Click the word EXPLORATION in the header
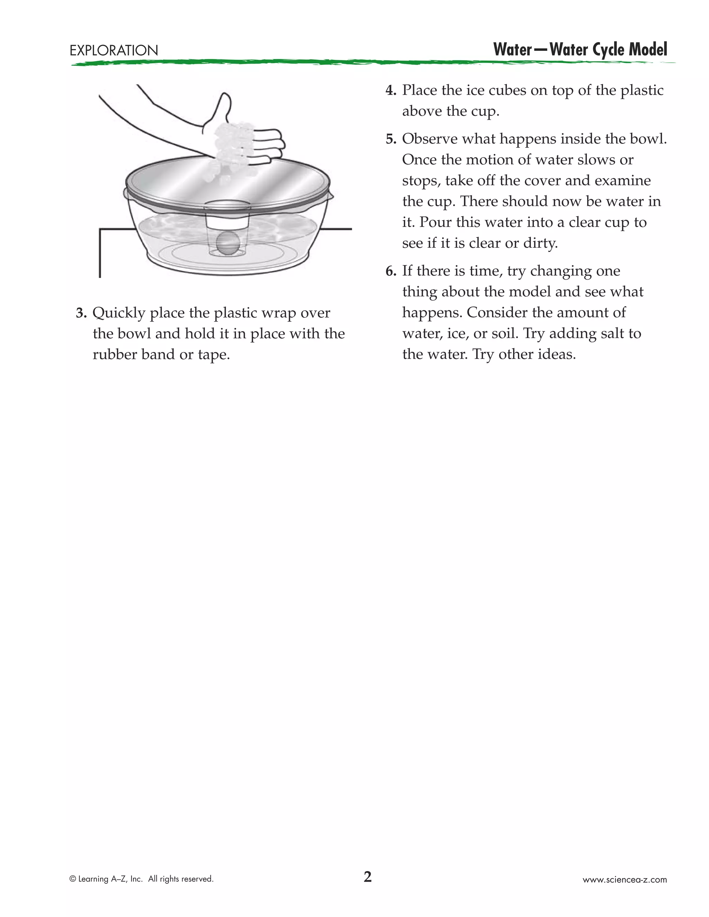(x=114, y=51)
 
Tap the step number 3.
(x=81, y=313)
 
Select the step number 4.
(x=391, y=91)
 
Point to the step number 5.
(x=391, y=139)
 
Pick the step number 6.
(x=391, y=271)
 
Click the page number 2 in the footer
(x=368, y=877)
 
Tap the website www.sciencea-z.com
(x=624, y=880)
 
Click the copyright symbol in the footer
(x=73, y=879)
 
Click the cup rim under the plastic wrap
(x=227, y=205)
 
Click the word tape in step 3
(x=214, y=355)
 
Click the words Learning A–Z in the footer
(x=103, y=879)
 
